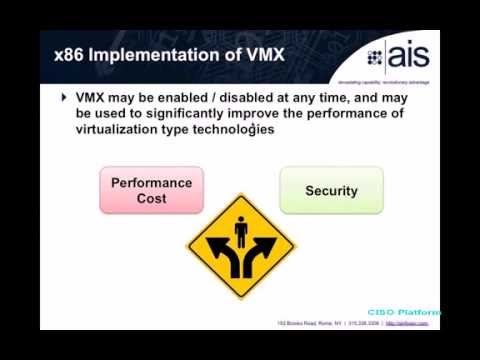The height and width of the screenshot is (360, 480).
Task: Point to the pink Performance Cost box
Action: click(x=151, y=190)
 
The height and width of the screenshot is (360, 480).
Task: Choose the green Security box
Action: click(x=331, y=190)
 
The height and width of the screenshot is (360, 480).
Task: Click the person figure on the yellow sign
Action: click(x=240, y=233)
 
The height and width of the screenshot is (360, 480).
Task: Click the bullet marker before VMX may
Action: click(x=65, y=98)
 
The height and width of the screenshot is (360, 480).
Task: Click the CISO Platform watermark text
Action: click(x=404, y=312)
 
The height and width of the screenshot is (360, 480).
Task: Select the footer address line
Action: click(x=356, y=324)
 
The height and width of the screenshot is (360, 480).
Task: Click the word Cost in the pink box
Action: click(x=151, y=198)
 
